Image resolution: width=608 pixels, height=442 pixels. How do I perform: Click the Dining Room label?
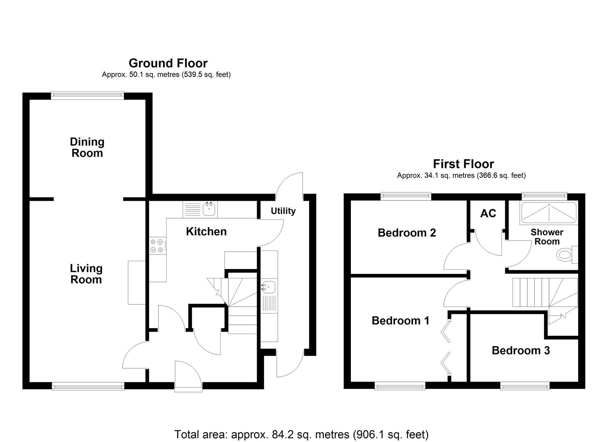(87, 147)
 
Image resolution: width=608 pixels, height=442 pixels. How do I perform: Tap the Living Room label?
(86, 274)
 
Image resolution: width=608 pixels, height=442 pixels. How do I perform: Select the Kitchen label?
(206, 232)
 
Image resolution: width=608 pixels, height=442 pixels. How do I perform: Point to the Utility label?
(283, 211)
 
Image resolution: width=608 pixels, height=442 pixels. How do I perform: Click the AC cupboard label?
(488, 213)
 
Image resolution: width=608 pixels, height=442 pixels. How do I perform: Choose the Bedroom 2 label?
(407, 233)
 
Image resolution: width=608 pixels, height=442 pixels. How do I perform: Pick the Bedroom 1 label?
(400, 320)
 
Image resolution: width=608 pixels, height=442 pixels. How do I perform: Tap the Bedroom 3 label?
(520, 350)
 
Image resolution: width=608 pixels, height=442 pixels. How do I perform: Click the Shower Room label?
(547, 237)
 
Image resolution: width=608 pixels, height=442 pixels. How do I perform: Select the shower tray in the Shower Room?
(548, 213)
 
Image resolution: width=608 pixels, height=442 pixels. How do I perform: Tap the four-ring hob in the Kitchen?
(157, 246)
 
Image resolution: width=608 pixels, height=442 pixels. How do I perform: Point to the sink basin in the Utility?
(269, 287)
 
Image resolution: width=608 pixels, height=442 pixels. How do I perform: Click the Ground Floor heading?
(168, 63)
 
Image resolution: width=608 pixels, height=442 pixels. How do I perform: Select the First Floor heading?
(463, 164)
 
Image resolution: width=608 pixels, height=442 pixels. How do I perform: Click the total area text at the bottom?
(301, 434)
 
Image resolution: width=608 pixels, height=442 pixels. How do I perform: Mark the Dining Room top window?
(87, 95)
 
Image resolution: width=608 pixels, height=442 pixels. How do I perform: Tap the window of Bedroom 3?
(525, 385)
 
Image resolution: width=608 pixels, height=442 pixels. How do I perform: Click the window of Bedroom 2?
(406, 196)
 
